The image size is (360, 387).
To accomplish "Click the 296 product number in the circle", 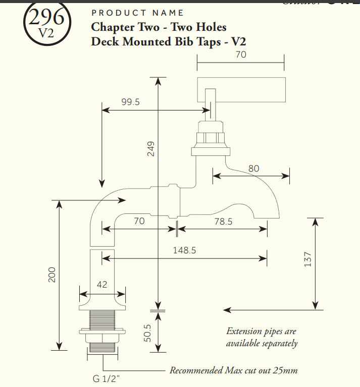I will pos(47,18).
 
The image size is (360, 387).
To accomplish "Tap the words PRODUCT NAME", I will pos(137,13).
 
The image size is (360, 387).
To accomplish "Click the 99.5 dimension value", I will pos(131,102).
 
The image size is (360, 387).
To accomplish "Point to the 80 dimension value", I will pos(254,169).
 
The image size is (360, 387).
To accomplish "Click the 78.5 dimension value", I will pos(223,221).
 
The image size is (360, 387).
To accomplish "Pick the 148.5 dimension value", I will pos(184,250).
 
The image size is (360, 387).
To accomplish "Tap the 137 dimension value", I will pos(308,259).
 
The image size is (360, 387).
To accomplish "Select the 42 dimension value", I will pos(102,285).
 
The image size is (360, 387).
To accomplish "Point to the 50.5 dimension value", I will pos(148,333).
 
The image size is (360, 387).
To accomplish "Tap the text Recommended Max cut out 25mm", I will pos(233,371).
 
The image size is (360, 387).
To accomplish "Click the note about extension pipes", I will pos(262,338).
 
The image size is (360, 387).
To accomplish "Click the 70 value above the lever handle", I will pos(241,54).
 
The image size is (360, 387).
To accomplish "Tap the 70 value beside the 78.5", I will pos(139,221).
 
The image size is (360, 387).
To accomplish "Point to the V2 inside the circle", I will pos(46,32).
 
